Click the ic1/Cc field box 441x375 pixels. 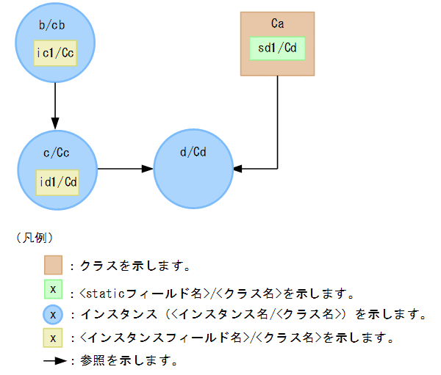click(56, 53)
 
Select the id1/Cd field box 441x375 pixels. click(57, 181)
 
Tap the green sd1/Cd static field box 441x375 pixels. click(276, 48)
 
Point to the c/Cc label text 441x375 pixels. click(57, 153)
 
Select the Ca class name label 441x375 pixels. click(277, 23)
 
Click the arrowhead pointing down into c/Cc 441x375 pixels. click(56, 125)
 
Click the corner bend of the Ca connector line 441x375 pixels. click(277, 169)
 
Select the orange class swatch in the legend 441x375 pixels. click(53, 264)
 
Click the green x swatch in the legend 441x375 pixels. click(53, 289)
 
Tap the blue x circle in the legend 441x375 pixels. click(53, 314)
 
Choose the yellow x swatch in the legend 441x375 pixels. click(53, 338)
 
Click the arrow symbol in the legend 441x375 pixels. click(54, 361)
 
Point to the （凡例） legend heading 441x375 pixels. click(33, 238)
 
